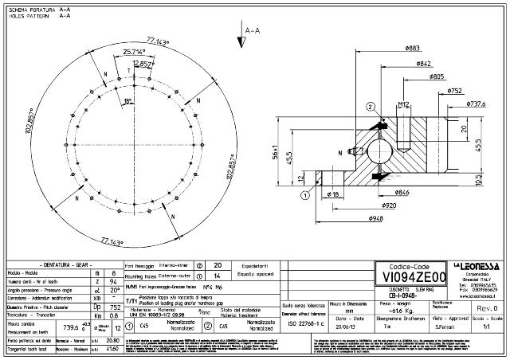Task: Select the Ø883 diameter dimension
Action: [412, 49]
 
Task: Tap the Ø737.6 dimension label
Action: [476, 104]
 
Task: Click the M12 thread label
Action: [404, 104]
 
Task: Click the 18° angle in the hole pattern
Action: [128, 100]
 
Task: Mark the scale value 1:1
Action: [485, 327]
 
